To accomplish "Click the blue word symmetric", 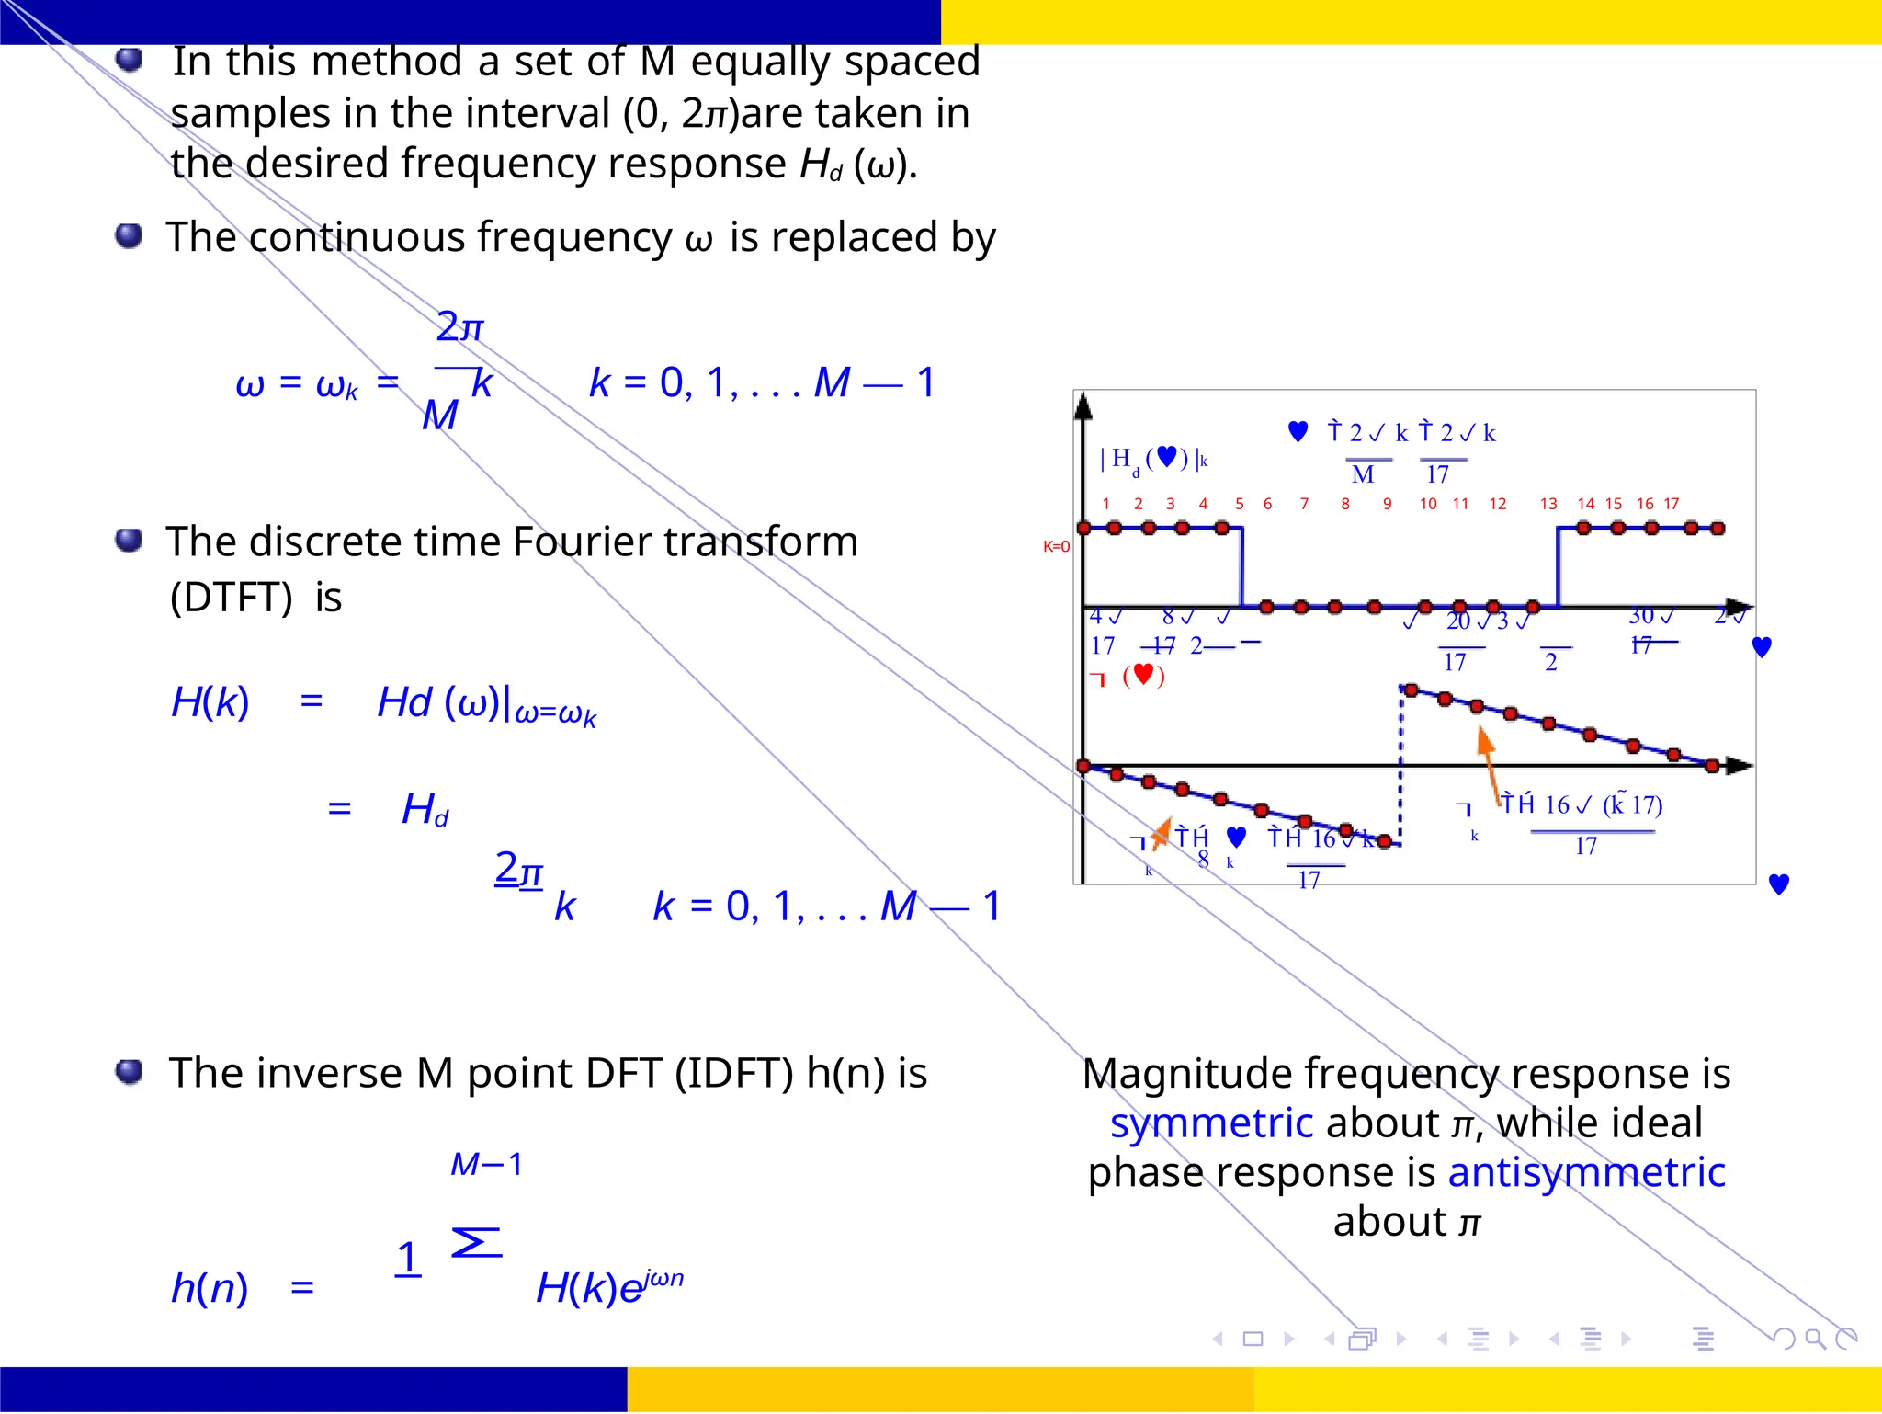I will click(1211, 1124).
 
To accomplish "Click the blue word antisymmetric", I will click(1586, 1173).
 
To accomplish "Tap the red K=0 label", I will click(1056, 547).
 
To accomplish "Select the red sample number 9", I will click(1387, 504).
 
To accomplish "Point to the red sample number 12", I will click(1498, 504).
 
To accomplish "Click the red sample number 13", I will click(1548, 504).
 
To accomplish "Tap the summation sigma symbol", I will click(476, 1243).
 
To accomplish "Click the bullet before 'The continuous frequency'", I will click(129, 235).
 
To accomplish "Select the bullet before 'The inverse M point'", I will click(129, 1071).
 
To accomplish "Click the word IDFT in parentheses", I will click(733, 1074).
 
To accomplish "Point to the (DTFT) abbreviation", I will click(231, 599).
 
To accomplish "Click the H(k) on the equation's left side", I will click(210, 703).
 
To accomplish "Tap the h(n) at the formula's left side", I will click(210, 1288).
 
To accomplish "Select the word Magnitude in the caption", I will click(1191, 1074).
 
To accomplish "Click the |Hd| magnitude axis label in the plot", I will click(1154, 459).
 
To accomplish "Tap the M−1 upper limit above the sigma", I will click(486, 1165).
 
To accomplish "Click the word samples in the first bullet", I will click(250, 114).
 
